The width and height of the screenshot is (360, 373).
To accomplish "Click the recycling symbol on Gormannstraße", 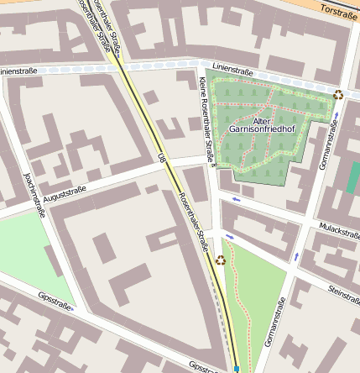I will (x=338, y=95).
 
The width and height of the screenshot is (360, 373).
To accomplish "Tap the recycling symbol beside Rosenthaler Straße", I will (x=221, y=260).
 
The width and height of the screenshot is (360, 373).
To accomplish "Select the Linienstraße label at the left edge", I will (x=18, y=71).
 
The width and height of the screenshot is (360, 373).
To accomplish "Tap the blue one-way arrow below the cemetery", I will (x=237, y=200).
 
